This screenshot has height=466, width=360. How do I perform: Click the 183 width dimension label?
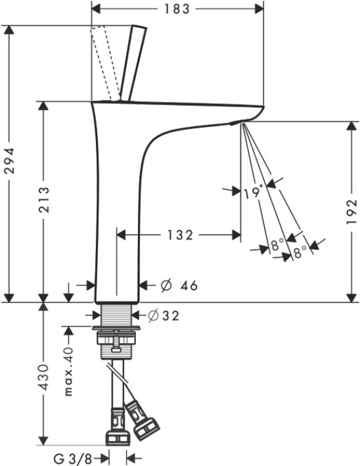(177, 9)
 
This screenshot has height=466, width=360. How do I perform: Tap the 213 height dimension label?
(44, 199)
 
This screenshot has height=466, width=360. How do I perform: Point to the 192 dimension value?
(351, 212)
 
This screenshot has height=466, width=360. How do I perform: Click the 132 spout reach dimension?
(181, 235)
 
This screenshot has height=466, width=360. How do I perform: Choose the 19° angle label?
(254, 192)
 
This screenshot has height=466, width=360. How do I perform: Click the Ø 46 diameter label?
(179, 286)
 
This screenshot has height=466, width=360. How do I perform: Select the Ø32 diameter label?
(164, 315)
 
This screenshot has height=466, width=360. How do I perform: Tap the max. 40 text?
(68, 371)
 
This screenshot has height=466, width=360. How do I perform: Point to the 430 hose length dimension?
(44, 377)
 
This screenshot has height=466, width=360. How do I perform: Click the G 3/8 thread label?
(73, 459)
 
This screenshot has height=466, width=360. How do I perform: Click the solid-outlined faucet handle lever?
(133, 62)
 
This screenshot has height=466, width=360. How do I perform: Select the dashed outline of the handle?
(102, 62)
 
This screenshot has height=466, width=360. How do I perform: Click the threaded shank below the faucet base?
(116, 315)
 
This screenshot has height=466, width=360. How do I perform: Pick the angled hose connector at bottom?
(141, 419)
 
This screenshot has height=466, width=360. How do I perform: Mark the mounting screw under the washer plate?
(116, 341)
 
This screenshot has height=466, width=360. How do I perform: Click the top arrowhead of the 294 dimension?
(10, 31)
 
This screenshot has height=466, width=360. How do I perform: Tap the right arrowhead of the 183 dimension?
(258, 9)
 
